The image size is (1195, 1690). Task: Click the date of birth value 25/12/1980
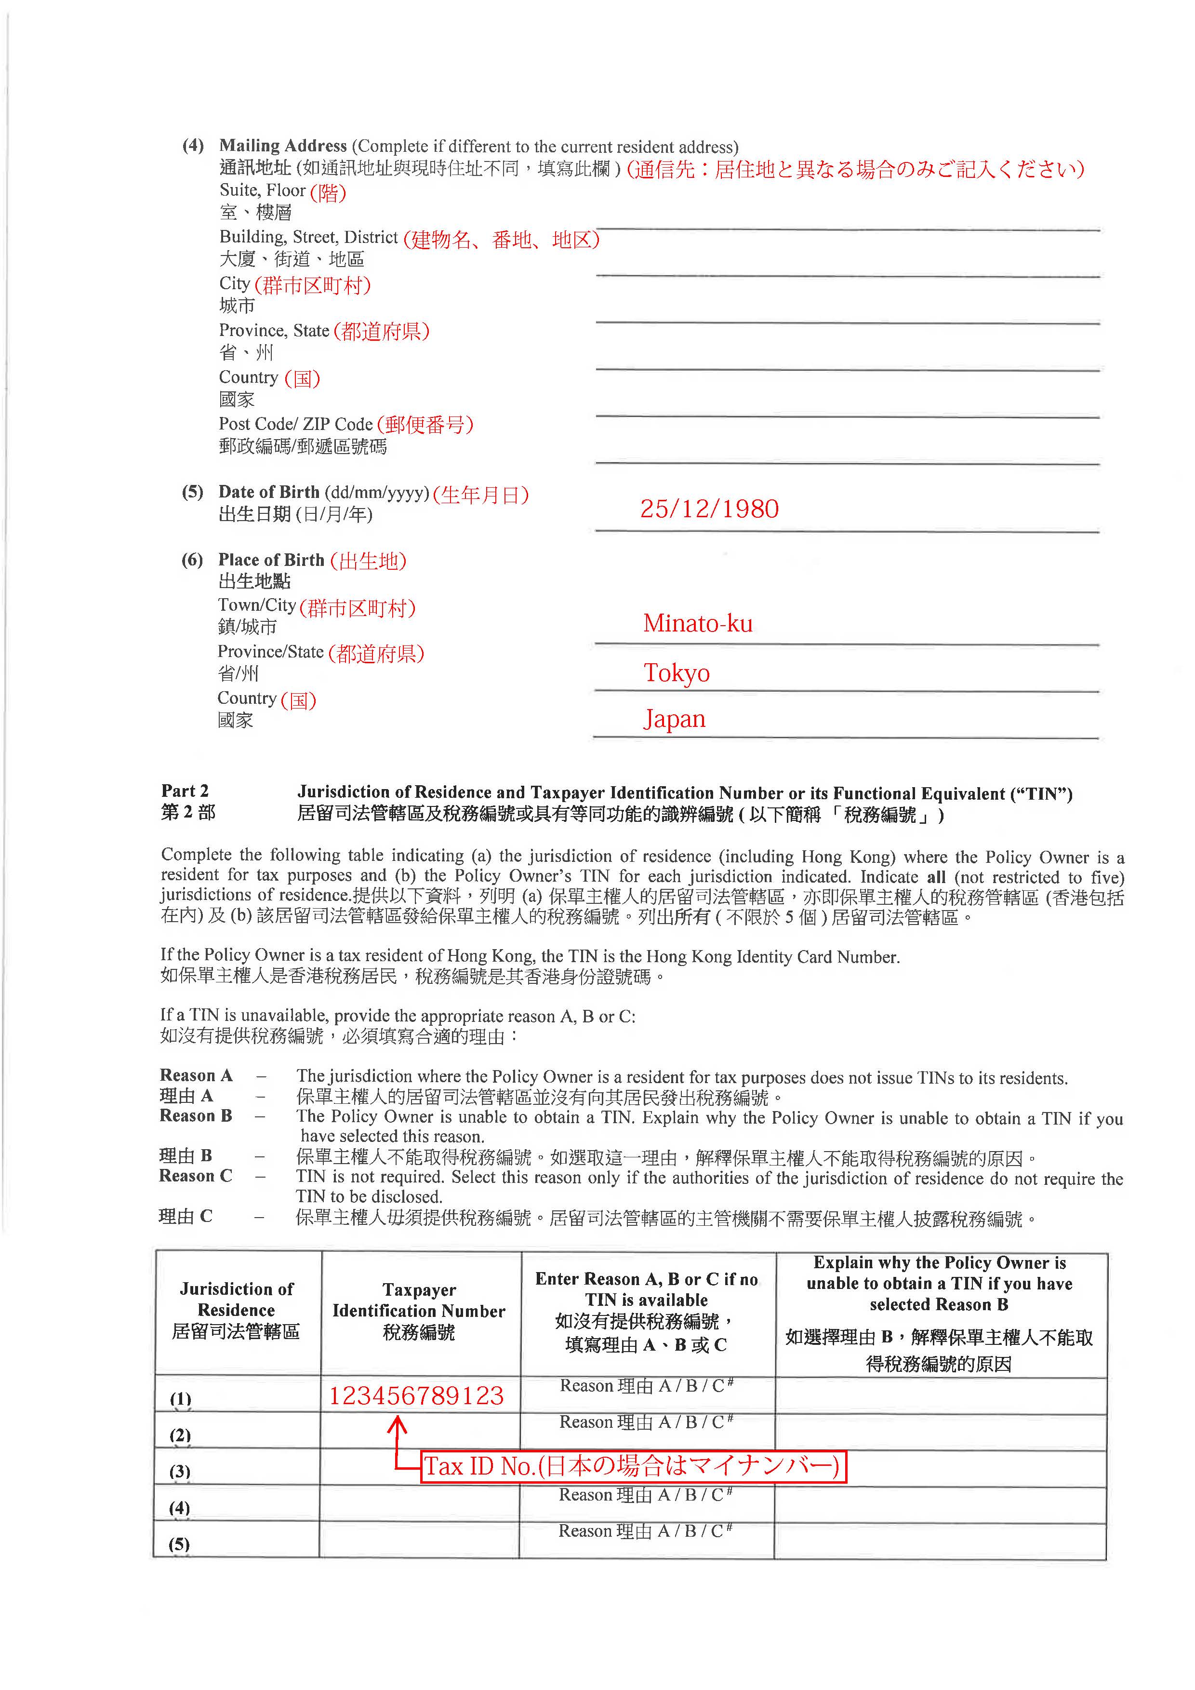click(709, 509)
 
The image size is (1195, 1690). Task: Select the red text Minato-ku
click(698, 623)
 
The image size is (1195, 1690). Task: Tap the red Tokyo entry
click(676, 673)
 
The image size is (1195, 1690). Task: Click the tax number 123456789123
click(416, 1395)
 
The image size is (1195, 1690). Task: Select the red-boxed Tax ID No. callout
click(633, 1466)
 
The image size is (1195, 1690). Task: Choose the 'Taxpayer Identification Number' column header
click(419, 1311)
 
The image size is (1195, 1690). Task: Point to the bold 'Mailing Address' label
click(282, 146)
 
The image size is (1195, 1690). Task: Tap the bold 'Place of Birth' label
click(271, 560)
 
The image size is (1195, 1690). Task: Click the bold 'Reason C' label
click(196, 1176)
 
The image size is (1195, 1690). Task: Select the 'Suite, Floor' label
click(262, 190)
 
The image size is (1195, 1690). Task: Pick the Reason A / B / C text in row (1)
click(646, 1386)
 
